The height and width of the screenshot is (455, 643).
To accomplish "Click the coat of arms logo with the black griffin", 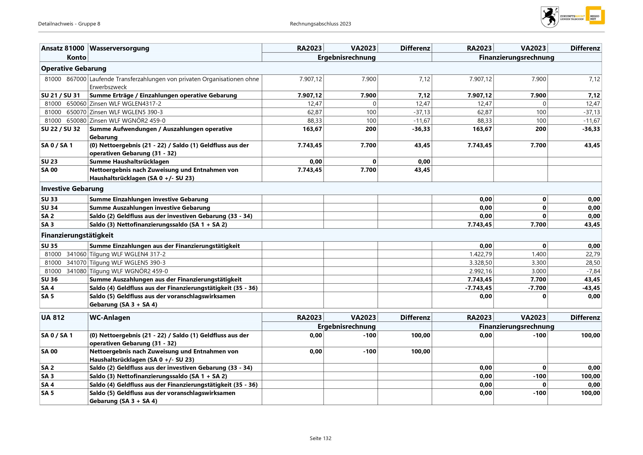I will [550, 17].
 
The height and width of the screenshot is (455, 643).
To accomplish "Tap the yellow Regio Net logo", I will [595, 15].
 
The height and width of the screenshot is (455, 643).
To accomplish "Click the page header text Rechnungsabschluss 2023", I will [320, 24].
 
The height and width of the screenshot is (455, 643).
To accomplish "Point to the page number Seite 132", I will [320, 438].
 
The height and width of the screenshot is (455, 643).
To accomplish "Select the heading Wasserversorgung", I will [119, 48].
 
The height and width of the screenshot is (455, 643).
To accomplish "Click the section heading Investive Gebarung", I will [72, 189].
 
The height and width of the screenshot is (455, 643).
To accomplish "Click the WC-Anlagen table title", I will [110, 317].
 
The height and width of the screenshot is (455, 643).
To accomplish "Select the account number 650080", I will [76, 121].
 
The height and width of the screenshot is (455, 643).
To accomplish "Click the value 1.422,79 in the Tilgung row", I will [480, 254].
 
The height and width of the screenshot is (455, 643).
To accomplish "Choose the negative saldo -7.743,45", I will [478, 288].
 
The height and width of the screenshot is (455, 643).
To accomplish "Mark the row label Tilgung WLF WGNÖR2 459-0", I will [129, 271].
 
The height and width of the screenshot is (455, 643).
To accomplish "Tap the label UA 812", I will [53, 317].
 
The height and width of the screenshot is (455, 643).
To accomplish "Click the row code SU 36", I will [49, 280].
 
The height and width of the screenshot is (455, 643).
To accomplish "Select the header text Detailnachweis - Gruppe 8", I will [69, 24].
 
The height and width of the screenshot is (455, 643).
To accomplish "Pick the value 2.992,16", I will [480, 271].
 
